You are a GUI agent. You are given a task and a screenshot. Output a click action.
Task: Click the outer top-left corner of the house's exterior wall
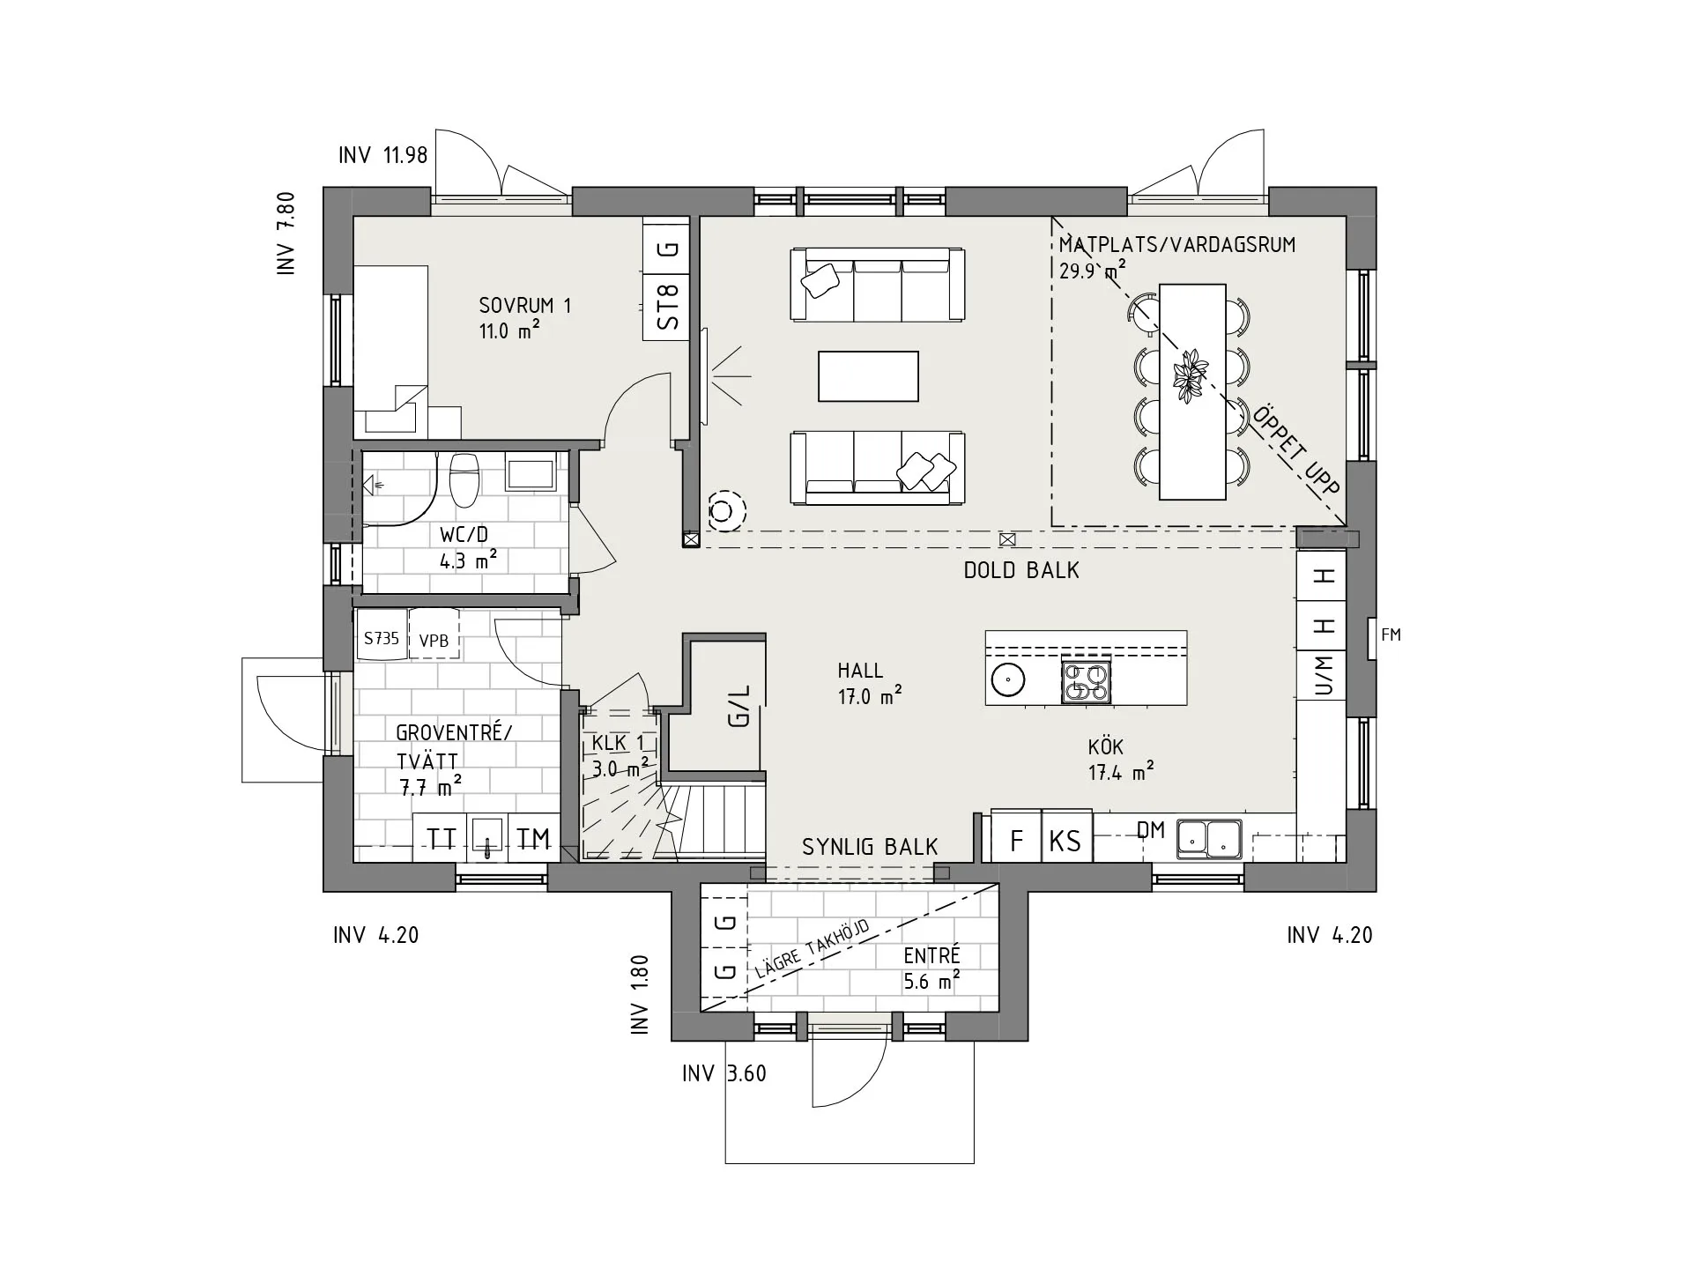click(x=323, y=188)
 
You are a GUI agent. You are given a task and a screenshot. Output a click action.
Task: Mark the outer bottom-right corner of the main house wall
click(x=1376, y=891)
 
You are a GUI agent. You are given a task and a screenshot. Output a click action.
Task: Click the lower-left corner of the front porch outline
click(x=725, y=1163)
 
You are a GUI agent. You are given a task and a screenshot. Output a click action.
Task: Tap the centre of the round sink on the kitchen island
click(x=1006, y=679)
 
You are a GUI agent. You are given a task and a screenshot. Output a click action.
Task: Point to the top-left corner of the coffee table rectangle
click(x=819, y=352)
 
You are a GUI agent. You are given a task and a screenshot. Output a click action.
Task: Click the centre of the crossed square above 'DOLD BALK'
click(x=1007, y=538)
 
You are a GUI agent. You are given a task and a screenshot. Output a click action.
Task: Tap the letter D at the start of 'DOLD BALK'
click(x=970, y=570)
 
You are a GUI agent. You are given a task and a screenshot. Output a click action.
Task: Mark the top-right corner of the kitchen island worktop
click(x=1186, y=631)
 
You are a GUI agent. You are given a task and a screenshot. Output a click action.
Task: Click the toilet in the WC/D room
click(x=464, y=480)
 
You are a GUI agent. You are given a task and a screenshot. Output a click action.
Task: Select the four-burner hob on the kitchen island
click(x=1087, y=681)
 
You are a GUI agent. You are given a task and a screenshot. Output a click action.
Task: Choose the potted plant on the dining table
click(x=1191, y=376)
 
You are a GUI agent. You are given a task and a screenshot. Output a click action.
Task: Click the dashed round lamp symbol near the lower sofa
click(x=724, y=510)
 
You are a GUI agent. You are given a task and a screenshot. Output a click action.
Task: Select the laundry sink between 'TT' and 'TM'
click(x=486, y=837)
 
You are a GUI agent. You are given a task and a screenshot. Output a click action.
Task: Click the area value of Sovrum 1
click(x=509, y=331)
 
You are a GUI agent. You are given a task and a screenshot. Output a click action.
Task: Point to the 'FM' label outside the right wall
click(x=1391, y=634)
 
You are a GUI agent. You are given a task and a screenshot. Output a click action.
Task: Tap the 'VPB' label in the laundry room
click(x=434, y=642)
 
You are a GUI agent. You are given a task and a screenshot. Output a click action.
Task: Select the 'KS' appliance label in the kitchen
click(x=1065, y=841)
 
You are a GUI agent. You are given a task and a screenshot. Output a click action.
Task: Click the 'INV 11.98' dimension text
click(x=382, y=155)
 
